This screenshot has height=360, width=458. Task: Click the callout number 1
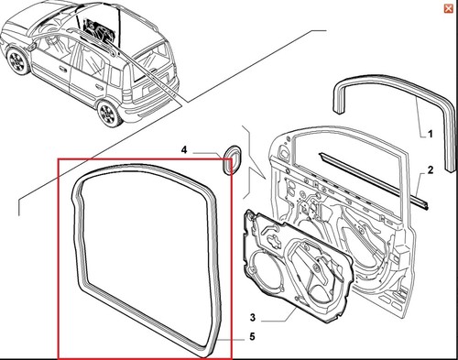[430, 134]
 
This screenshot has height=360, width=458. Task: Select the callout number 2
[430, 169]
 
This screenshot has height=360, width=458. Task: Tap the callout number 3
[253, 317]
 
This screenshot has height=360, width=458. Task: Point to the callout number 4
[184, 150]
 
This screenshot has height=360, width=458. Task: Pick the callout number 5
[252, 336]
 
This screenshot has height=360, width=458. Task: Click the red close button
[448, 8]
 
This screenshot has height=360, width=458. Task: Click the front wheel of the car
[17, 61]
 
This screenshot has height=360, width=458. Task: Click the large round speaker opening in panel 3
[265, 272]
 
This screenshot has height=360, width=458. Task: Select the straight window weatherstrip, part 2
[373, 180]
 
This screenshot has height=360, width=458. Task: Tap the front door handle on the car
[63, 70]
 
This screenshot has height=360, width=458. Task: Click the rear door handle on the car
[99, 88]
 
